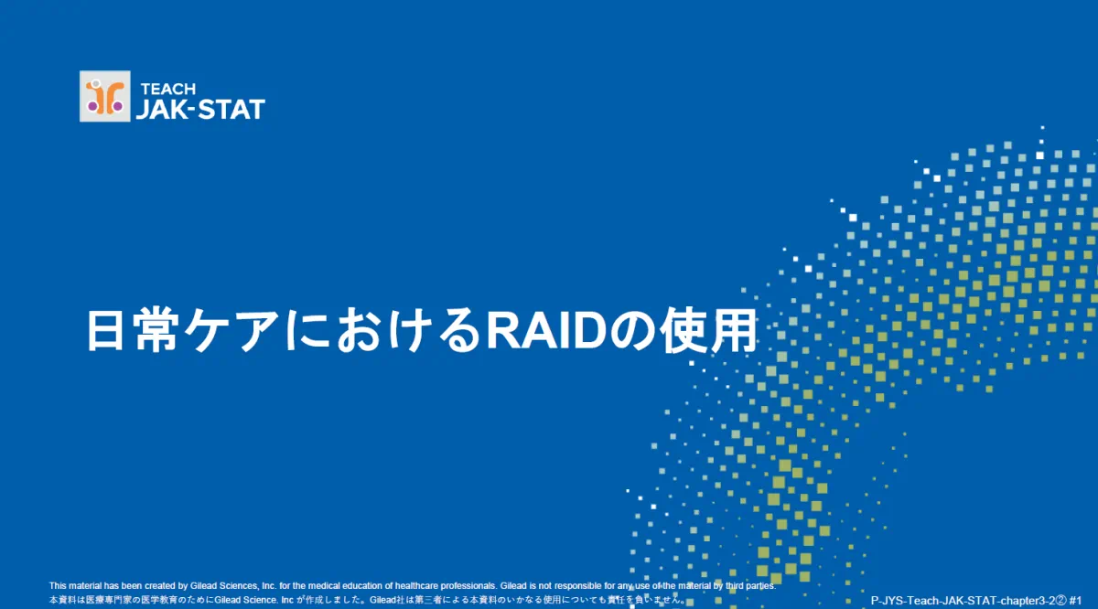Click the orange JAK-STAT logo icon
(105, 96)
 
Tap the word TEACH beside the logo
(168, 89)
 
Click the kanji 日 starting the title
(105, 330)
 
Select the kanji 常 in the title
(155, 330)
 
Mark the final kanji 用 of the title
(733, 330)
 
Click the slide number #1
(1075, 601)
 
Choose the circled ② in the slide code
(1060, 601)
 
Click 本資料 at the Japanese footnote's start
(63, 600)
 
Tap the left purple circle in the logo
(92, 106)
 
